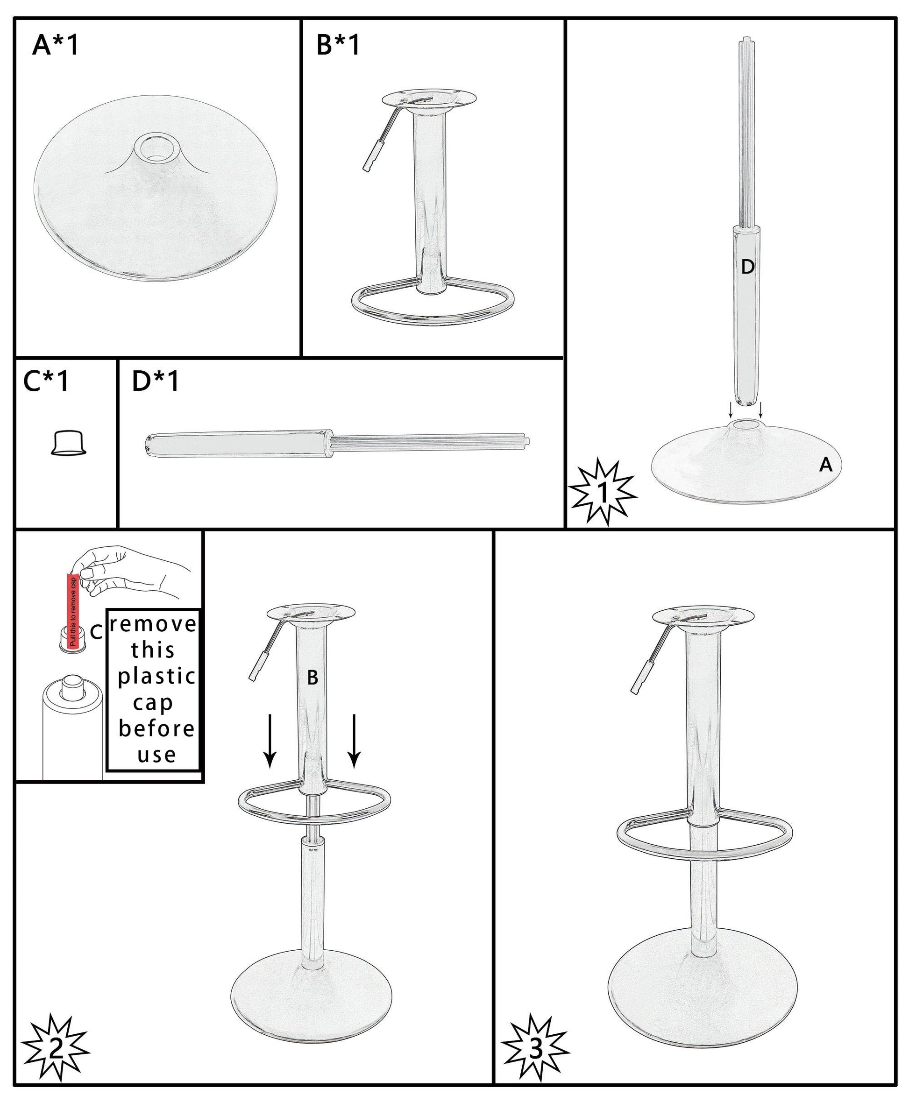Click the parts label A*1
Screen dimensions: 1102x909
coord(55,45)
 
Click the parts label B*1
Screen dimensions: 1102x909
coord(338,45)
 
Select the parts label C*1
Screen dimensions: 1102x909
coord(46,381)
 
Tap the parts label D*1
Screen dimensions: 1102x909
coord(156,381)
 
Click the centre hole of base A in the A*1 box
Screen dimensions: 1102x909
coord(155,148)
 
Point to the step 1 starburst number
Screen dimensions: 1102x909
coord(603,493)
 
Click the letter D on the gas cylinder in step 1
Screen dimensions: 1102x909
coord(747,268)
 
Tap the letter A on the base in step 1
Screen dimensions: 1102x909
coord(825,464)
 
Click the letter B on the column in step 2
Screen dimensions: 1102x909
coord(312,678)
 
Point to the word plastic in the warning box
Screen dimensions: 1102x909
coord(156,677)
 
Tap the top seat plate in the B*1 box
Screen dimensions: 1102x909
coord(429,99)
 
